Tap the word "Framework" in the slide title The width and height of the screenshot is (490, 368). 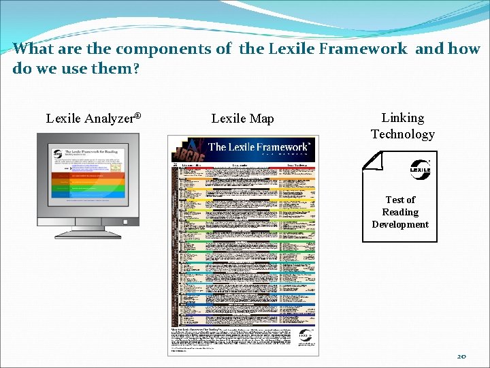367,49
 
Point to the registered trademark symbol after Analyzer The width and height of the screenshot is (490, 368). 137,115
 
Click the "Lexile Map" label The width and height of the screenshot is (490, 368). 242,119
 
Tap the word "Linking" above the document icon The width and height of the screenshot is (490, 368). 402,118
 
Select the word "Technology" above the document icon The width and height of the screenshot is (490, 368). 402,134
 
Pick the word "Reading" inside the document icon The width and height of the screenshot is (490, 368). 400,212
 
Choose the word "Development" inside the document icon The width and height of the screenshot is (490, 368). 400,224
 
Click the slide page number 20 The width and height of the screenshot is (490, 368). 462,356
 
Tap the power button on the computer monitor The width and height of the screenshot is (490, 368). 125,221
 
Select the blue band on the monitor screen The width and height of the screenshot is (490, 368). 88,194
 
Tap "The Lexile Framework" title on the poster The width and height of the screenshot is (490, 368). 258,147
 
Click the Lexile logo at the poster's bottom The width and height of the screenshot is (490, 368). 305,336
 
